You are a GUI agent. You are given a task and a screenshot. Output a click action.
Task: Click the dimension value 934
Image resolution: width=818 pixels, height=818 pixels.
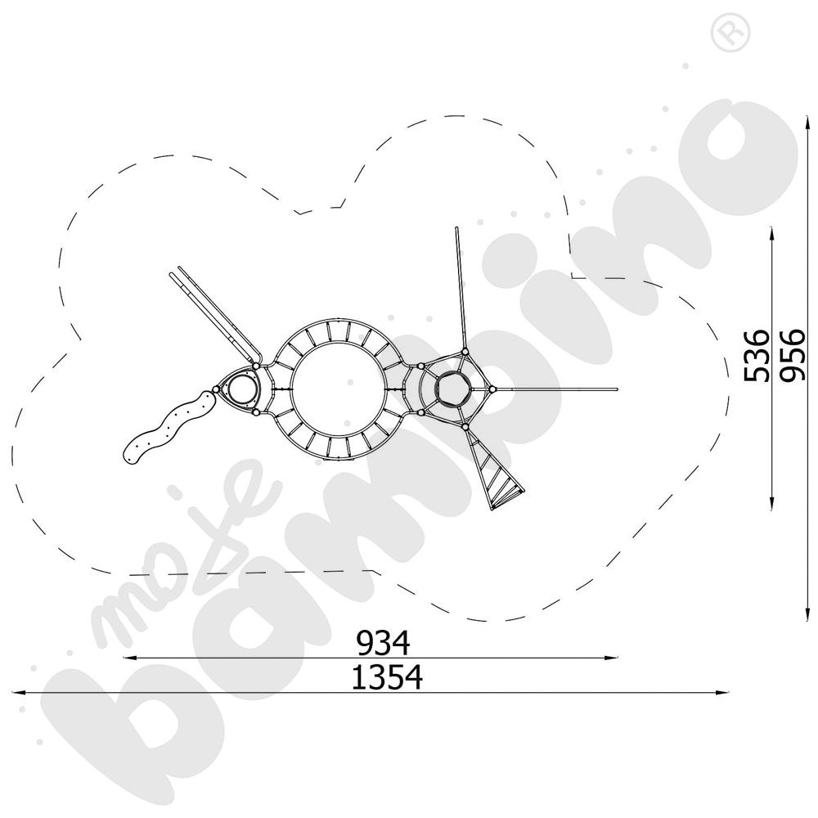tap(382, 644)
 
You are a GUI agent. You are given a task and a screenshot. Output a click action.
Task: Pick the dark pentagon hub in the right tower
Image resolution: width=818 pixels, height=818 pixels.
tap(451, 389)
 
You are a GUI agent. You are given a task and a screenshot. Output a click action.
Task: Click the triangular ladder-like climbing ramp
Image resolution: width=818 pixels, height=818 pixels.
tap(496, 474)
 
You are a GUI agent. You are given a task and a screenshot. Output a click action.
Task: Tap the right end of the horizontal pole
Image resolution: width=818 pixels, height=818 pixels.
tap(616, 389)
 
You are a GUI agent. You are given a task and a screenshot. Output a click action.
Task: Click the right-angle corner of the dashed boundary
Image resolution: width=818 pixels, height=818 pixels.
tap(572, 277)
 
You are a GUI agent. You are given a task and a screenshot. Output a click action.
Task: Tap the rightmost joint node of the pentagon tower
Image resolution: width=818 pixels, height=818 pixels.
tap(494, 389)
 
